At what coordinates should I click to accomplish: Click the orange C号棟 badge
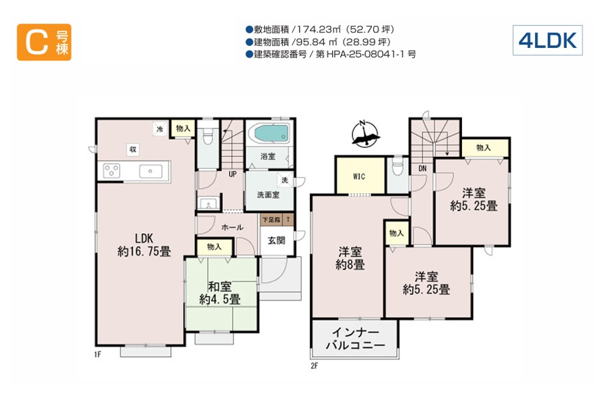pos(44,42)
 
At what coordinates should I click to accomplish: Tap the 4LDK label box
pos(547,41)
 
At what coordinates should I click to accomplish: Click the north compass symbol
pos(365,134)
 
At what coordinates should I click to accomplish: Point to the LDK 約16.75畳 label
pos(144,245)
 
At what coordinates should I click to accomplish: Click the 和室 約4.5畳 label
pos(220,293)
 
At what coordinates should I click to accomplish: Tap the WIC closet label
pos(359,176)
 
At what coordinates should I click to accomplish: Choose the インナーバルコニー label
pos(355,339)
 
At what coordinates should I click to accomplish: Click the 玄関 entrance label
pos(277,241)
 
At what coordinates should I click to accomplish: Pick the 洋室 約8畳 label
pos(350,258)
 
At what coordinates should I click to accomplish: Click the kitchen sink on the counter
pos(151,171)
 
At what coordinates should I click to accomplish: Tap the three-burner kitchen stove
pos(112,170)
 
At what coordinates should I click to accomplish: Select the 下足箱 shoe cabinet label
pos(271,220)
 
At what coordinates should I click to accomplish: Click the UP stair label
pos(232,174)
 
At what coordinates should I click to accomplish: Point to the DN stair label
pos(422,168)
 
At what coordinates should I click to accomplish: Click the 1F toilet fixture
pos(208,135)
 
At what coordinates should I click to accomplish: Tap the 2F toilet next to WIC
pos(398,167)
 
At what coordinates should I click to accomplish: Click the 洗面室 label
pos(268,195)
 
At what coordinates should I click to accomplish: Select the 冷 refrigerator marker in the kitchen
pos(160,129)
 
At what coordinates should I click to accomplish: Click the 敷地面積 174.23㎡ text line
pos(320,29)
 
